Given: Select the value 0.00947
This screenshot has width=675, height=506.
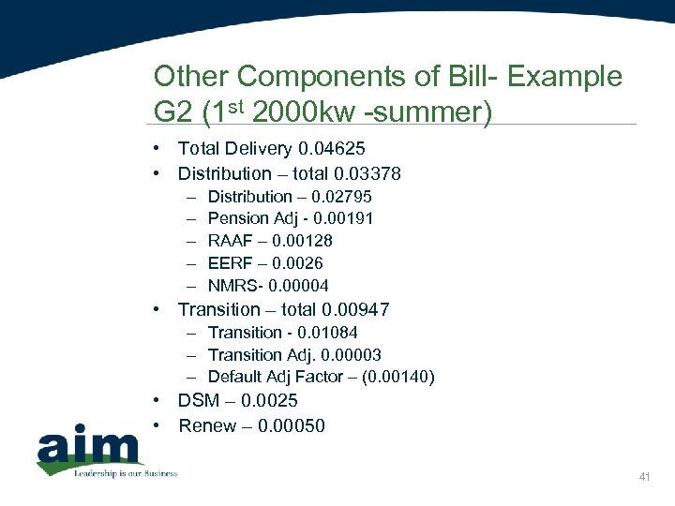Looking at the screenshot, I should click(355, 310).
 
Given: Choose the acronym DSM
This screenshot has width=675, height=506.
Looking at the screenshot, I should click(199, 401).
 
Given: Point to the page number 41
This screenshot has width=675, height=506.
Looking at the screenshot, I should click(644, 478).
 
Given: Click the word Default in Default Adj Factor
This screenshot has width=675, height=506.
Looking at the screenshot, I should click(235, 378).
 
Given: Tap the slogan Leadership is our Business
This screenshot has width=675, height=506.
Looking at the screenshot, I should click(126, 473).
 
